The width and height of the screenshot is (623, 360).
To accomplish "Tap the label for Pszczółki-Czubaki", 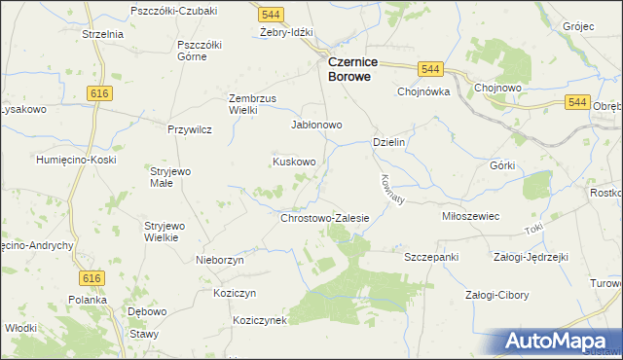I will [x=174, y=10].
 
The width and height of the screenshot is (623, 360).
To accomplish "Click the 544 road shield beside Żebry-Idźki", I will [x=272, y=15].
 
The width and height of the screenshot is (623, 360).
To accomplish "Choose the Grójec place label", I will [x=577, y=26].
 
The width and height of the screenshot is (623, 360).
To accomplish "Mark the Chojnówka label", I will [x=421, y=92].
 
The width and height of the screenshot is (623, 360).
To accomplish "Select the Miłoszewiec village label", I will [x=470, y=216].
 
